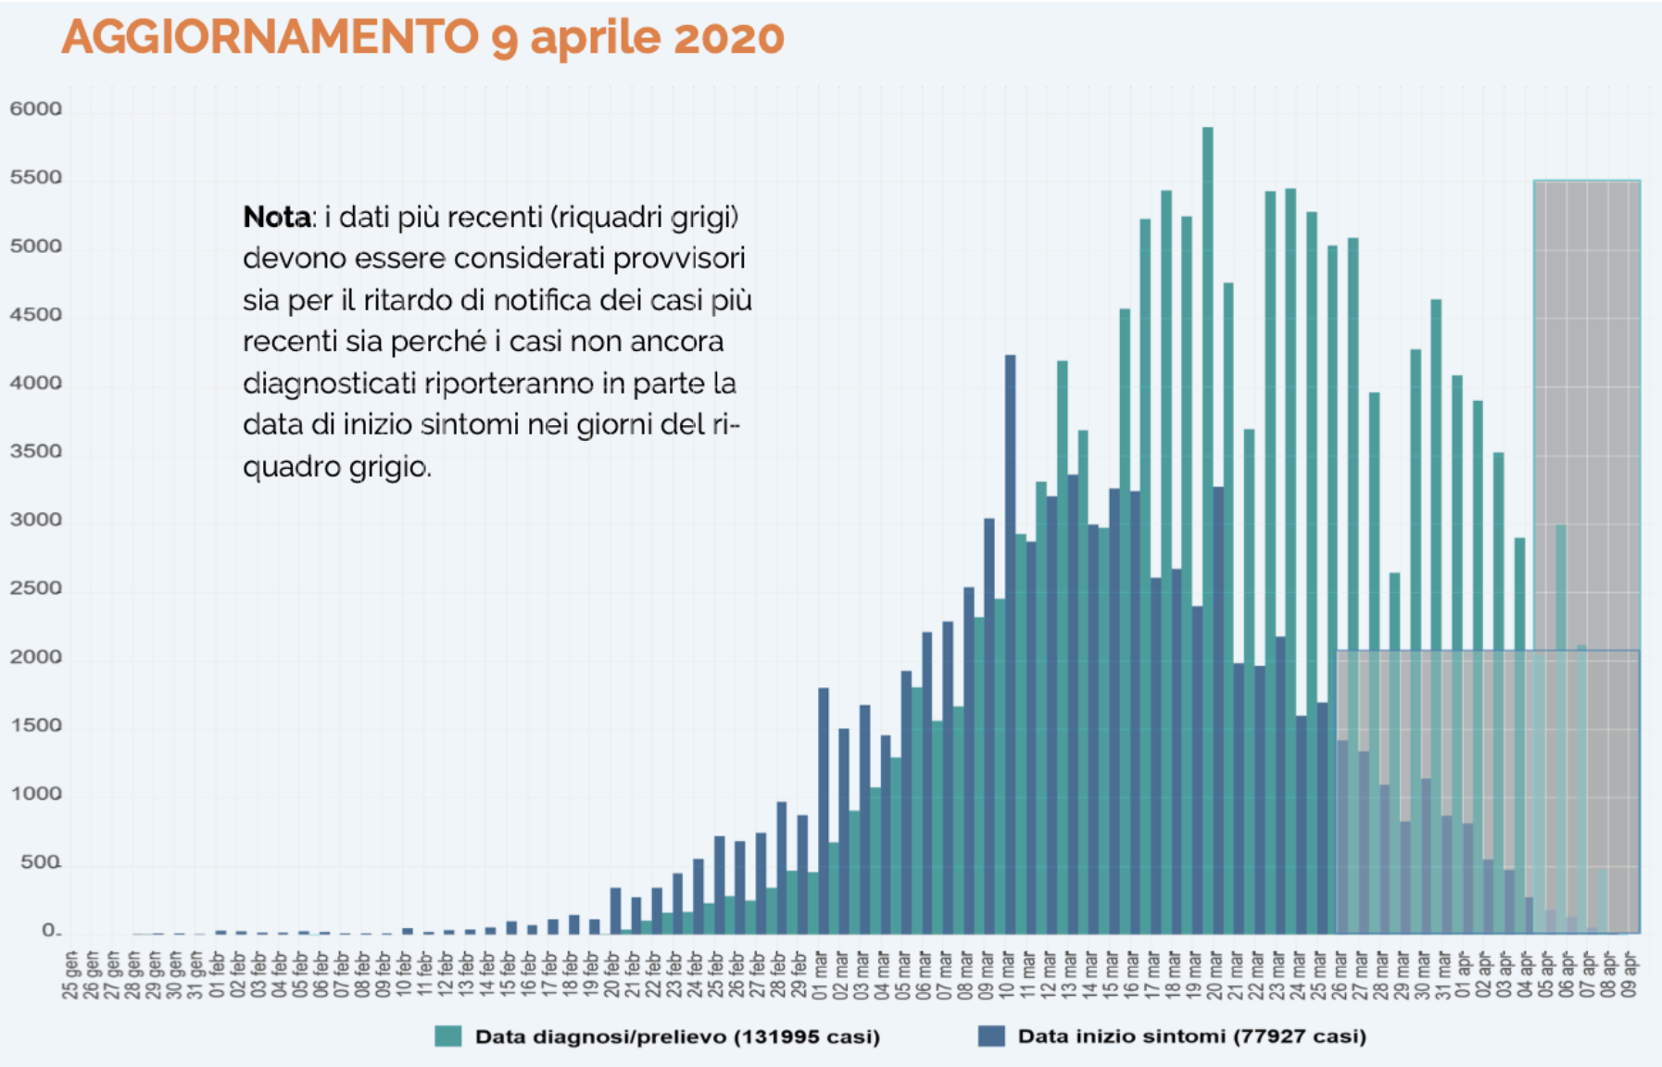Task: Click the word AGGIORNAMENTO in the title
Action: tap(270, 37)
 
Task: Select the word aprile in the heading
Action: tap(596, 39)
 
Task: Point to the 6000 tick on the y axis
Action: tap(35, 109)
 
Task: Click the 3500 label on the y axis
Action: tap(35, 452)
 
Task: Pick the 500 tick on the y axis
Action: tap(40, 863)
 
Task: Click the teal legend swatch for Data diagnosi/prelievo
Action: tap(447, 1036)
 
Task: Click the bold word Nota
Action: tap(276, 218)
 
